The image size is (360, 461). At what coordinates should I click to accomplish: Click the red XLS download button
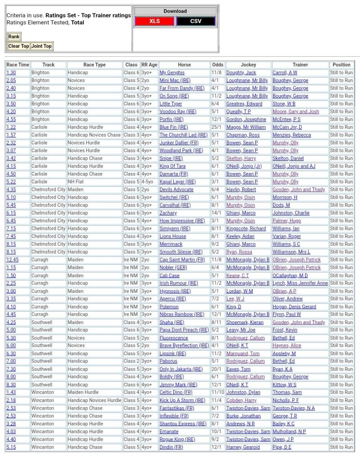(154, 21)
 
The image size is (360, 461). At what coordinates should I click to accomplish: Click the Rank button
(13, 37)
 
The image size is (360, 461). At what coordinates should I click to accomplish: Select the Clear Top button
(18, 46)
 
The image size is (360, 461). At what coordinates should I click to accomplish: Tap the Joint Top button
(41, 46)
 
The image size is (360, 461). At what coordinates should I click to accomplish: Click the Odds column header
(217, 64)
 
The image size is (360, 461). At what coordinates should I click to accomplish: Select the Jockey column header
(248, 64)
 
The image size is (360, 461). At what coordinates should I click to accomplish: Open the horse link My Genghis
(172, 72)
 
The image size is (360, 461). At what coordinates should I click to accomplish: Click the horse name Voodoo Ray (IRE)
(178, 112)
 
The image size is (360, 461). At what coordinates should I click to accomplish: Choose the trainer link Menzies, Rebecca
(292, 135)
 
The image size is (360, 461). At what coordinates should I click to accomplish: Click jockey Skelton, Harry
(241, 158)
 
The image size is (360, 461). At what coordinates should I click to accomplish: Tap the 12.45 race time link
(12, 260)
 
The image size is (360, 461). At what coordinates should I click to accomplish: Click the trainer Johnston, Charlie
(291, 213)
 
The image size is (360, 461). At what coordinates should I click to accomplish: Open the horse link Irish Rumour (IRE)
(179, 283)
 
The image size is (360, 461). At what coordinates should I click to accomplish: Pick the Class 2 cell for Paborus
(131, 361)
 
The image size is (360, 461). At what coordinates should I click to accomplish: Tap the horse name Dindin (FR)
(171, 447)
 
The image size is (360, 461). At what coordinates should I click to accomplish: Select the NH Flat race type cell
(78, 182)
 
